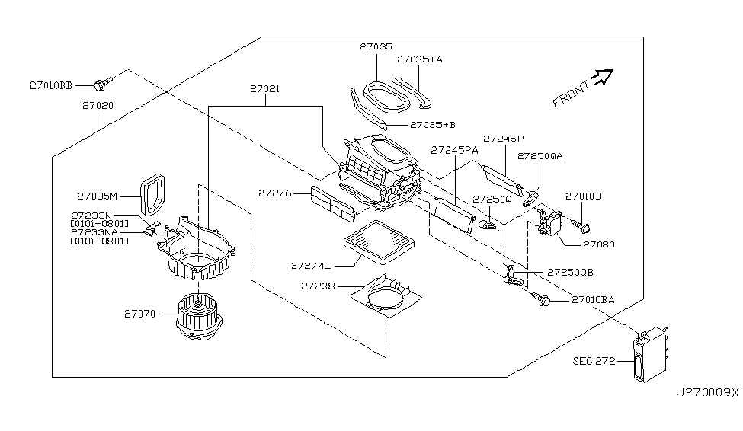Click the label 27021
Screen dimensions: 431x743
tap(264, 89)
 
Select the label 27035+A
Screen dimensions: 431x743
tap(419, 58)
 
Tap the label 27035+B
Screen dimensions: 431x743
tap(433, 124)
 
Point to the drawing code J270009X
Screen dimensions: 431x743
tap(708, 393)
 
